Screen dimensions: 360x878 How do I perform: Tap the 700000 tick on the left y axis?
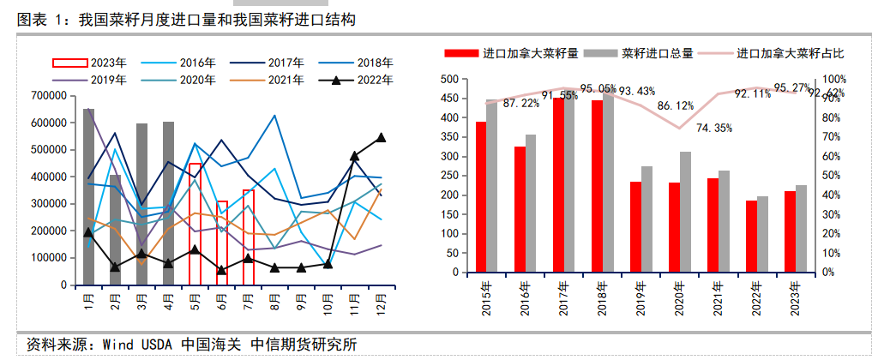click(x=49, y=96)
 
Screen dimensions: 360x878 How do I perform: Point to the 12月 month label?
click(x=380, y=303)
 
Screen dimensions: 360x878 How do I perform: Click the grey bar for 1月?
click(x=88, y=197)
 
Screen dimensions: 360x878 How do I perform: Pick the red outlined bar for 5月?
click(x=195, y=224)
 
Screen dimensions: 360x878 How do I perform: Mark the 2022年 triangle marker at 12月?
click(x=381, y=137)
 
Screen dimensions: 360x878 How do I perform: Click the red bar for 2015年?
click(x=481, y=197)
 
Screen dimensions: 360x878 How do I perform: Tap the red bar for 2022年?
click(x=752, y=237)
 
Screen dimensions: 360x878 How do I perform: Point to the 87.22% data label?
click(x=521, y=104)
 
